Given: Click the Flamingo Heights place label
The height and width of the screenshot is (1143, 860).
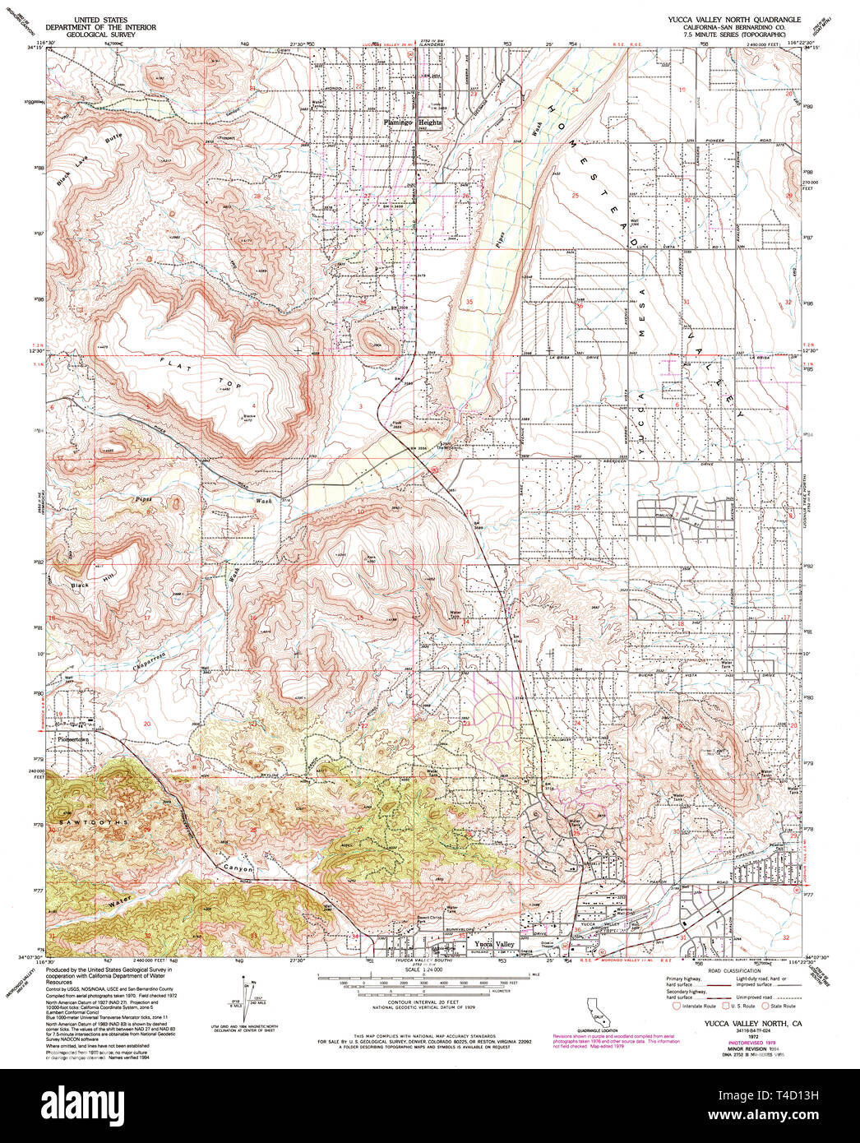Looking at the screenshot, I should click(413, 123).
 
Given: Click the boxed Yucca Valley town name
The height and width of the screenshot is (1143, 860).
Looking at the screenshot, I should click(493, 944).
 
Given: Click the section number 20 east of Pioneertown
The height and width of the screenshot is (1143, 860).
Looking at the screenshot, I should click(146, 724).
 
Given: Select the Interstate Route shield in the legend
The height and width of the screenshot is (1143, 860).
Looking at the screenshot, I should click(676, 1005).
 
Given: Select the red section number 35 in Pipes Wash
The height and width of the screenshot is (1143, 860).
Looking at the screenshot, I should click(469, 302).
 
